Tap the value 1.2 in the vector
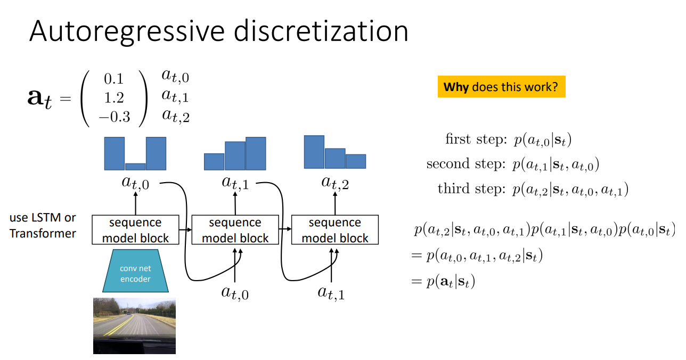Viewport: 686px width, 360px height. pyautogui.click(x=113, y=98)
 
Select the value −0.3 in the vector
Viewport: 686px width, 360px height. pyautogui.click(x=114, y=117)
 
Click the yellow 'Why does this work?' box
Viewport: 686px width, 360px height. pyautogui.click(x=501, y=87)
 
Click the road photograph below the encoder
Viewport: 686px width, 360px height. pyautogui.click(x=134, y=326)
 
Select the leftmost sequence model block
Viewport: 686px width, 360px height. pyautogui.click(x=135, y=230)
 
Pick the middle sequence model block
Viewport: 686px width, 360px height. pyautogui.click(x=235, y=230)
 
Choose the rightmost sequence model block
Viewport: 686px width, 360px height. pyautogui.click(x=334, y=230)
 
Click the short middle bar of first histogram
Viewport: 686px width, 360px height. pyautogui.click(x=135, y=166)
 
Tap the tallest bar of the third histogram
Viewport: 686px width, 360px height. pyautogui.click(x=314, y=152)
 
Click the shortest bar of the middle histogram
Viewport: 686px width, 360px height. pyautogui.click(x=214, y=161)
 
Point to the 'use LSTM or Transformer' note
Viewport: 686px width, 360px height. pyautogui.click(x=43, y=225)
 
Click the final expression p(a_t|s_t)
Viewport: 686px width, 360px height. pyautogui.click(x=450, y=281)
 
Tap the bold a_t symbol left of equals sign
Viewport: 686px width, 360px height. pyautogui.click(x=40, y=99)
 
